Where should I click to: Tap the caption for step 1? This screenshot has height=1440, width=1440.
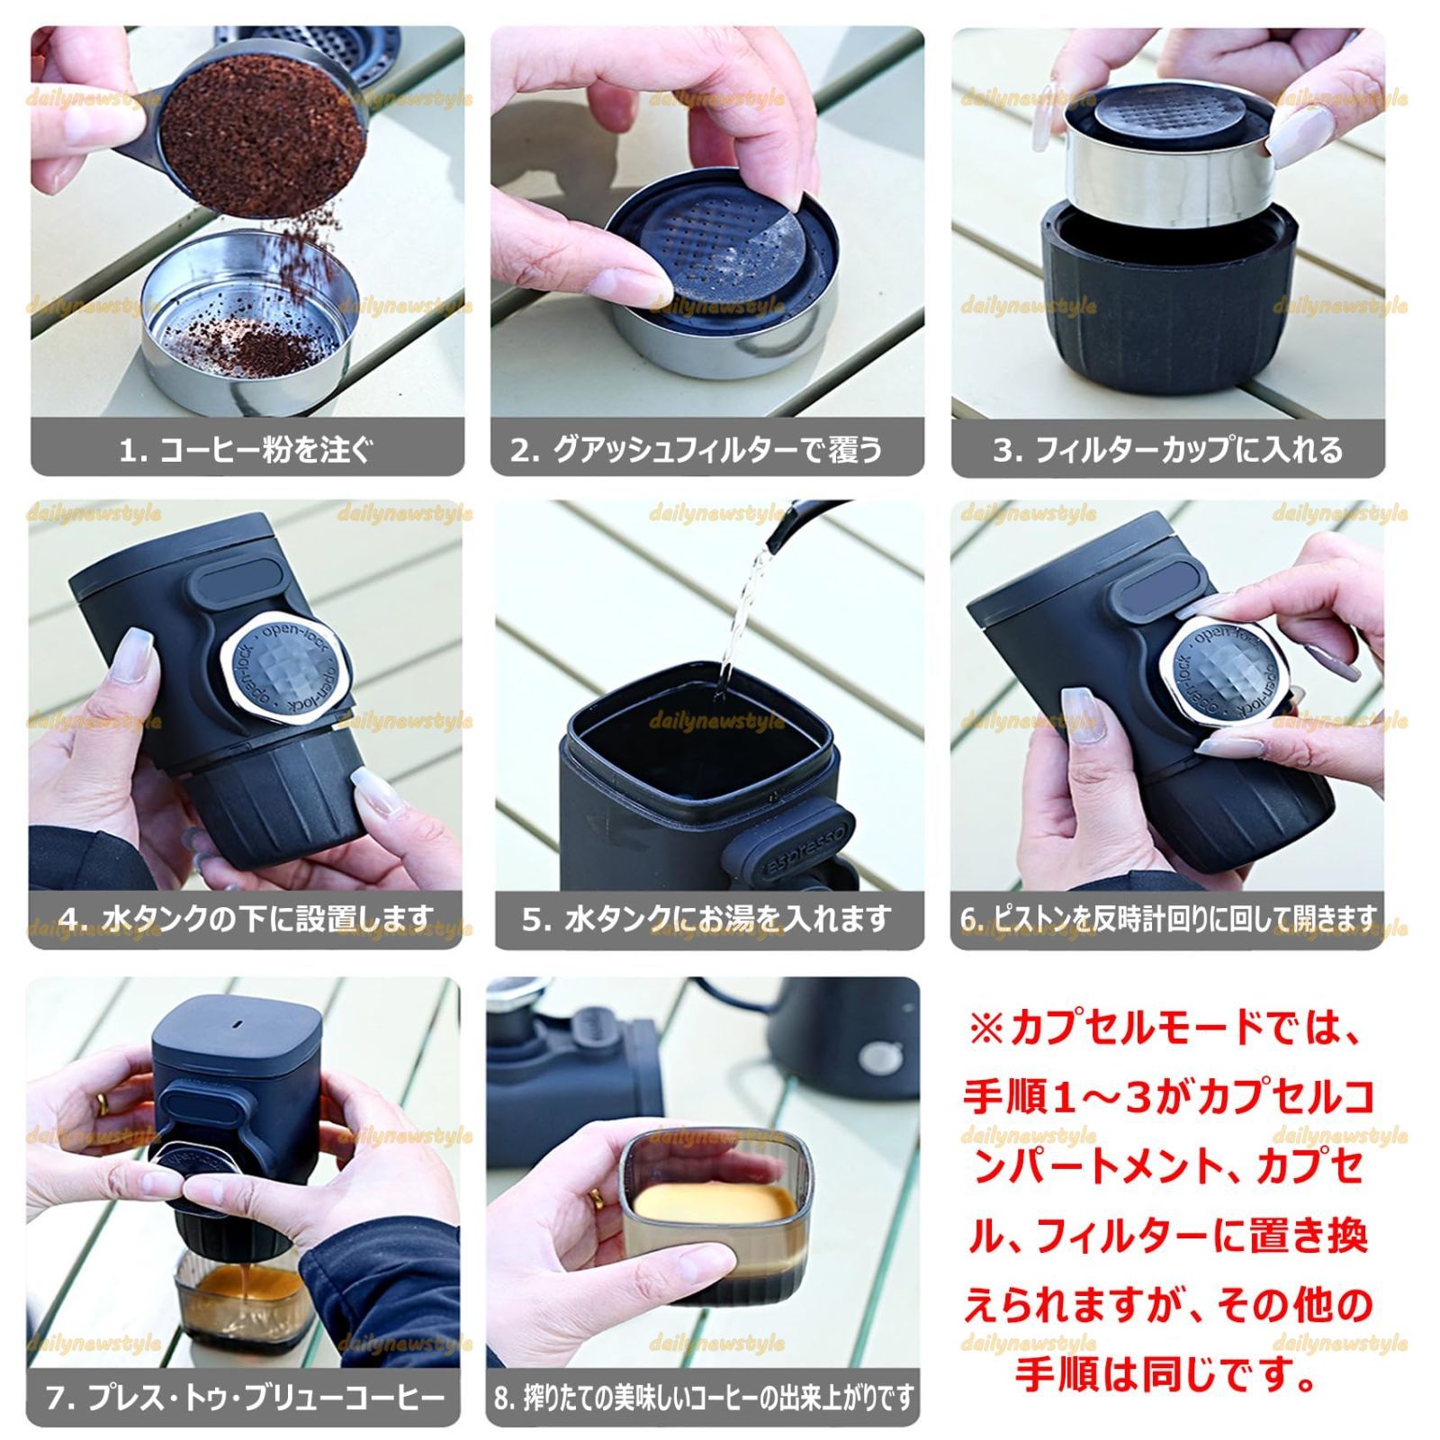pos(247,449)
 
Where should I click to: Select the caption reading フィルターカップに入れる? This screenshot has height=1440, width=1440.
pos(1167,449)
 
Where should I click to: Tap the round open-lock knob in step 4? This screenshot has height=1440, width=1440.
pos(285,672)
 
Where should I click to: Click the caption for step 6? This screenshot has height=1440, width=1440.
pos(1167,919)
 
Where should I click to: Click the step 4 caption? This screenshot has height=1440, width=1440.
pos(247,919)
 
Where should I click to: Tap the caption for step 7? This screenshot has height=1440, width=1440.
pos(245,1398)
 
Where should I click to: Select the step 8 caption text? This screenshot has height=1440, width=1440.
pos(704,1398)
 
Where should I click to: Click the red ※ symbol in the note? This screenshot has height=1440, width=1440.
pos(986,1028)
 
